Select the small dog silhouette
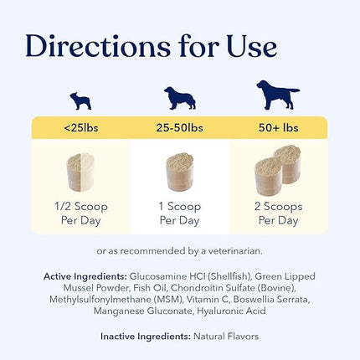pyautogui.click(x=80, y=101)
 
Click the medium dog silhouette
pyautogui.click(x=179, y=97)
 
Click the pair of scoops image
pyautogui.click(x=278, y=174)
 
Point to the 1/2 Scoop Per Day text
pyautogui.click(x=80, y=213)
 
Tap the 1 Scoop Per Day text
pyautogui.click(x=179, y=213)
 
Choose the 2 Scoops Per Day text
pyautogui.click(x=278, y=213)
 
